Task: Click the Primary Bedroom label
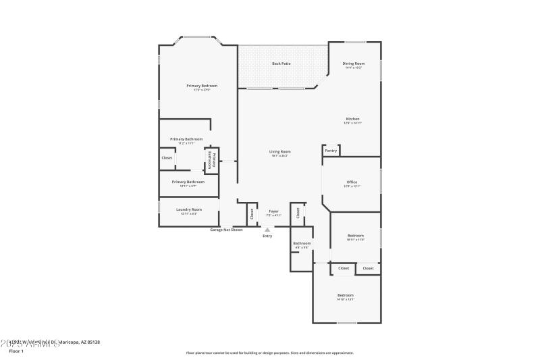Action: tap(202, 86)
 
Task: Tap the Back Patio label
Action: tap(281, 63)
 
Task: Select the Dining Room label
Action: tap(354, 63)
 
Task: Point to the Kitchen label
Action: tap(352, 119)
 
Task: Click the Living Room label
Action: tap(279, 152)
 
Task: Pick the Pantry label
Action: tap(331, 151)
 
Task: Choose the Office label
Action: tap(352, 182)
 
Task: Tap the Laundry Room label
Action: tap(189, 209)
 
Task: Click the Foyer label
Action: tap(273, 211)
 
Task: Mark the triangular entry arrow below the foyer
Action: tap(267, 230)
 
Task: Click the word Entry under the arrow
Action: tap(267, 236)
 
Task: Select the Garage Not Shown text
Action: tap(226, 230)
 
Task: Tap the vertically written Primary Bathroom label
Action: tap(211, 160)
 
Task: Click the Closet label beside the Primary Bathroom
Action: tap(167, 157)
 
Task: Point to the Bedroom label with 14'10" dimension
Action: tap(346, 295)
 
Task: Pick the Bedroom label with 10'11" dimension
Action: tap(355, 236)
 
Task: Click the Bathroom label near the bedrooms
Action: tap(302, 243)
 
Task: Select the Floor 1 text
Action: tap(16, 351)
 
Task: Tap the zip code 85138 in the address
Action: tap(92, 342)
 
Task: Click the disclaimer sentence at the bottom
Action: tap(269, 353)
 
